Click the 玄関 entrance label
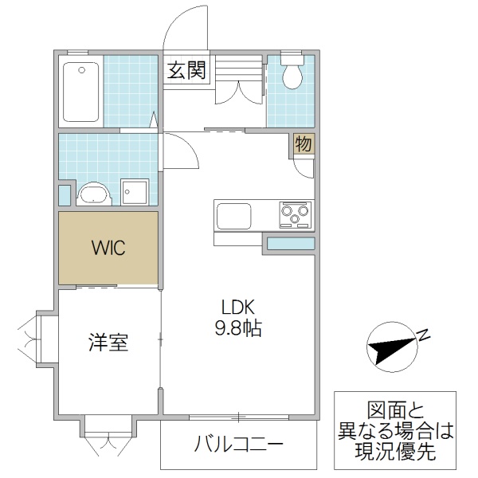point(186,71)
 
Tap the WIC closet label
point(108,247)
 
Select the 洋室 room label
point(108,343)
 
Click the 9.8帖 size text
point(237,328)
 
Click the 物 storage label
point(303,144)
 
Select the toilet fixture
point(293,73)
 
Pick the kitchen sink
point(233,215)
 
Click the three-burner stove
point(294,215)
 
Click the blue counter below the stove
point(289,244)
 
